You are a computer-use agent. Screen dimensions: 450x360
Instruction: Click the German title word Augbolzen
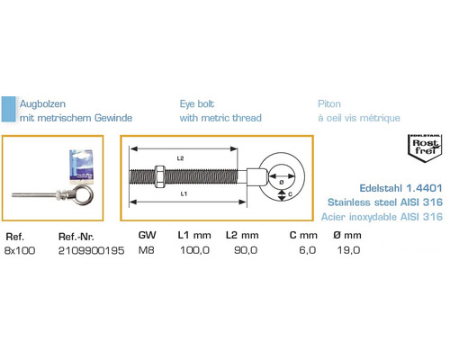[x=42, y=104]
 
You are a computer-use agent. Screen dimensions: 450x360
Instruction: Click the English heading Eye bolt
[x=197, y=103]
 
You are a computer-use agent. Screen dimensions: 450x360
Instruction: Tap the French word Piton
[x=329, y=103]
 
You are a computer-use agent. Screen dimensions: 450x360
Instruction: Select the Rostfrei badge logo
[x=425, y=148]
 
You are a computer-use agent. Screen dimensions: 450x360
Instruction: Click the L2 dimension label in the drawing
[x=180, y=158]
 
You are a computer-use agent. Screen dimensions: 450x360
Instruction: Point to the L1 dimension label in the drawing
[x=184, y=194]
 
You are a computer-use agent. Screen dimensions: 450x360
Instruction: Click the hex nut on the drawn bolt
[x=159, y=176]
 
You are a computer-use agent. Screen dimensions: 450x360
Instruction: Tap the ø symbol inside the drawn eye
[x=282, y=182]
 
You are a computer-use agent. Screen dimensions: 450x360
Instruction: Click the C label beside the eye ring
[x=290, y=194]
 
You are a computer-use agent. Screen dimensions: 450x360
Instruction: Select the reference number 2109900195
[x=91, y=250]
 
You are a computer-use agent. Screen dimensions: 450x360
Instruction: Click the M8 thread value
[x=147, y=250]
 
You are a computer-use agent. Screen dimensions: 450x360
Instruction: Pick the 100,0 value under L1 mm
[x=194, y=250]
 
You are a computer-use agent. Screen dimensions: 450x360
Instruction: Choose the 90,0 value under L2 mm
[x=246, y=250]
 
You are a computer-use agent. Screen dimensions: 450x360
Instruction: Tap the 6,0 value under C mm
[x=308, y=250]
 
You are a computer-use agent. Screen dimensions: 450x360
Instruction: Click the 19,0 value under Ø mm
[x=348, y=250]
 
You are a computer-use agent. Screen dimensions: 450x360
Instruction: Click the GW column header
[x=147, y=235]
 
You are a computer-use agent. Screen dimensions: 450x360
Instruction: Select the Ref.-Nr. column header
[x=76, y=237]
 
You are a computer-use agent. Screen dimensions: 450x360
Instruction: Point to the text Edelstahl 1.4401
[x=400, y=188]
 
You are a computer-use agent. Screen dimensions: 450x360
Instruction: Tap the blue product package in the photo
[x=81, y=166]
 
